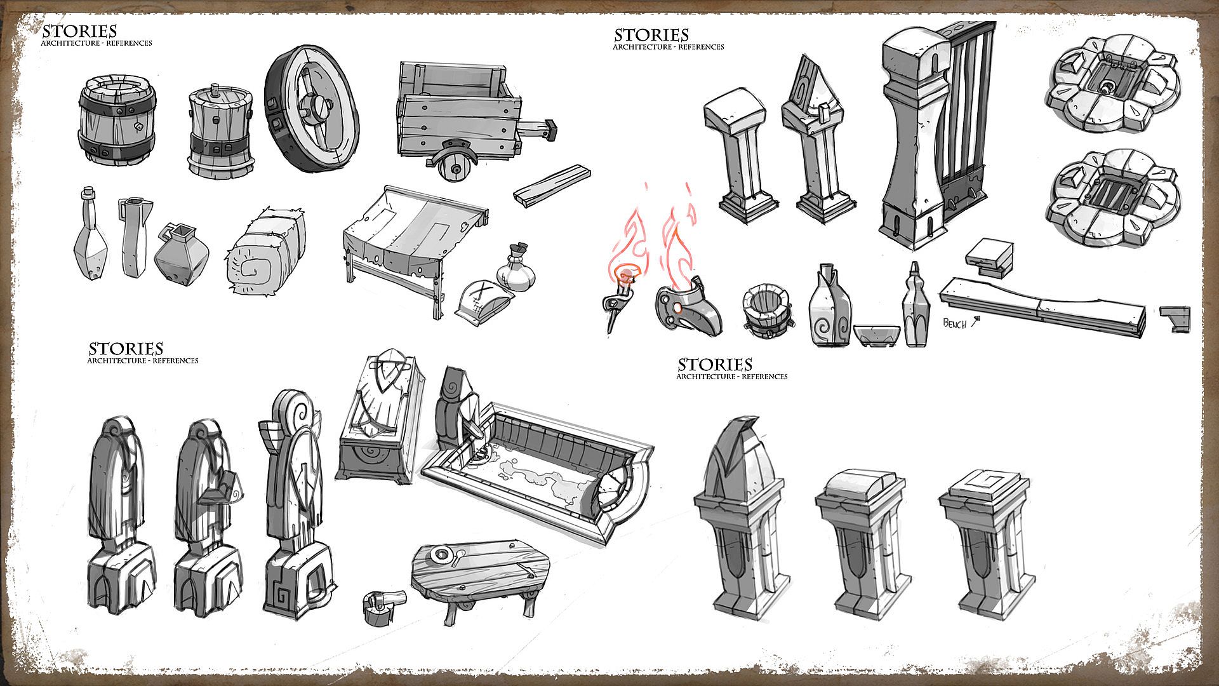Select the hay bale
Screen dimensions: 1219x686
point(265,252)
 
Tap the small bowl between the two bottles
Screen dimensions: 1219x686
point(876,335)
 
